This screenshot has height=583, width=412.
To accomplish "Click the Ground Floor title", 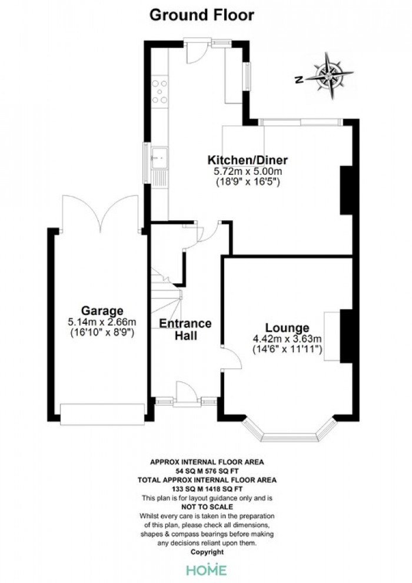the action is pos(202,15).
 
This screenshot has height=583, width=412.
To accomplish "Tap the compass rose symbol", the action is pos(329,76).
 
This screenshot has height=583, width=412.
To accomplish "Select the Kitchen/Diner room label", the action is pos(247,160).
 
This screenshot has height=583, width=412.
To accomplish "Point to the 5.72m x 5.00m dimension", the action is pos(247,171).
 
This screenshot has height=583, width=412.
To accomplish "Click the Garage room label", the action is pos(102,310).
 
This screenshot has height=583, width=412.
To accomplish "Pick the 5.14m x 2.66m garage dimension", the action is pos(102,322).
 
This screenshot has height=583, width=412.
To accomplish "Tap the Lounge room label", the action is pos(287,327).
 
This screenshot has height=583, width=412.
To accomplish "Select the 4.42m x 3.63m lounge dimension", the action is pos(287,339).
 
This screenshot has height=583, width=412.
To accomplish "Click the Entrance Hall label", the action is pos(185,329).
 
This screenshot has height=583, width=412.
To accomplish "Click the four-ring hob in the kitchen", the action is pos(160,91).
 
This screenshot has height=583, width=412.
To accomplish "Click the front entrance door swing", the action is pos(186,391).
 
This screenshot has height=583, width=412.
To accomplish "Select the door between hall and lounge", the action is pos(231,357).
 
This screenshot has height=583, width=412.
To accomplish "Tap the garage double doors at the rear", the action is pos(100,214).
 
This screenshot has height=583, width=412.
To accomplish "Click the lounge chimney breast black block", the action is pos(346,336).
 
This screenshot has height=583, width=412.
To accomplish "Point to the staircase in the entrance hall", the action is pos(167,297).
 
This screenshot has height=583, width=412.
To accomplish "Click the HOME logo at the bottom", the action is pos(206,570).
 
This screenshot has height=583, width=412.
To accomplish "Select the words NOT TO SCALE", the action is pos(207,507).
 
